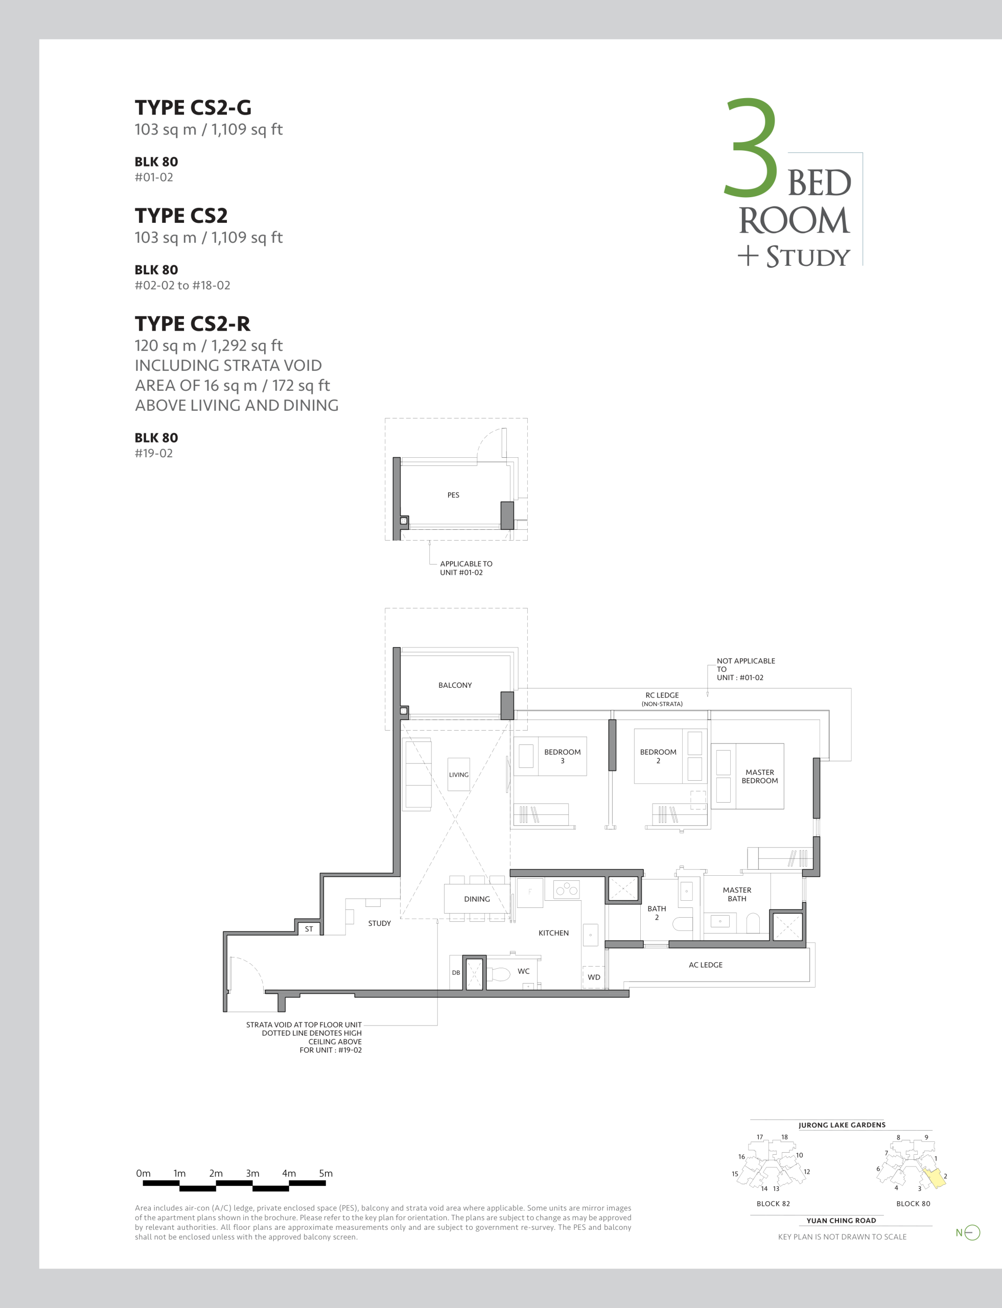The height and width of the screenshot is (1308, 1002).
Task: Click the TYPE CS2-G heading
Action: tap(193, 108)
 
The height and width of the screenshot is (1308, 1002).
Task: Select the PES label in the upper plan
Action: tap(453, 495)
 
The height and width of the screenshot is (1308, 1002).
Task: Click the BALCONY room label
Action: tap(455, 685)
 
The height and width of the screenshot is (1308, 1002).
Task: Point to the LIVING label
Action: tap(459, 775)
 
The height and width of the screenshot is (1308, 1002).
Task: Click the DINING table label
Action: tap(477, 899)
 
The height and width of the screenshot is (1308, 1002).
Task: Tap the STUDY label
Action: tap(379, 923)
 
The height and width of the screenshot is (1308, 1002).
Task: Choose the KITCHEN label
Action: tap(553, 933)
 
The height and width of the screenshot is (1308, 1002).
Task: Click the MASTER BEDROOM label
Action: tap(760, 777)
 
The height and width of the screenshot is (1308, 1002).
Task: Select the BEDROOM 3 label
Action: tap(563, 756)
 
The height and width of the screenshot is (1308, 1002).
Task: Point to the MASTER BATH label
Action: tap(737, 894)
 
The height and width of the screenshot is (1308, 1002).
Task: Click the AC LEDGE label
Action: tap(706, 965)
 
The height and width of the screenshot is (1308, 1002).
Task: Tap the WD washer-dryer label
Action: tap(594, 977)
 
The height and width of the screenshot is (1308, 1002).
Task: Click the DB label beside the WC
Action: tap(456, 973)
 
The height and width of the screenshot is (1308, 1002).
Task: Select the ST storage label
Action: tap(309, 929)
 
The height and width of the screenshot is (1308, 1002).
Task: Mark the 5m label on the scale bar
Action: tap(325, 1173)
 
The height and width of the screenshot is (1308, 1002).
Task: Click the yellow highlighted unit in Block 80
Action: tap(935, 1178)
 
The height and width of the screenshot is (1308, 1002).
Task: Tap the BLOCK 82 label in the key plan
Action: tap(773, 1204)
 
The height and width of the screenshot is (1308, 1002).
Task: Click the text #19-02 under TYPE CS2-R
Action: tap(154, 453)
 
